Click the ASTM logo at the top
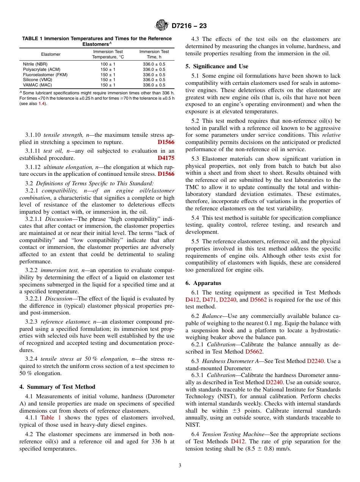(x=162, y=26)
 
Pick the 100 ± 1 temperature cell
(x=108, y=64)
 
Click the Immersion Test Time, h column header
(x=154, y=54)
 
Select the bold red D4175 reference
(x=166, y=158)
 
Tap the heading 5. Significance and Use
(x=216, y=66)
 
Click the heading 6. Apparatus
(x=203, y=283)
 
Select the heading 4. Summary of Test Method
(x=57, y=387)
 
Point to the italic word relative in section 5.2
(x=331, y=135)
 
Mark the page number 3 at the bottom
(x=180, y=466)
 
